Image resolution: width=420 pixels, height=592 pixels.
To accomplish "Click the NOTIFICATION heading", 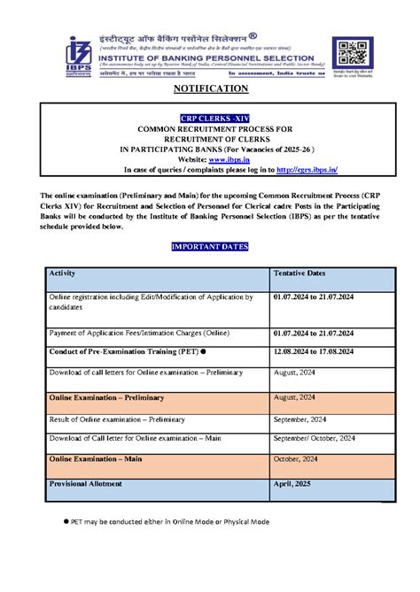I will click(209, 88).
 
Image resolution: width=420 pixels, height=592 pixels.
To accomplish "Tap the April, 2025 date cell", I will click(296, 485).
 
